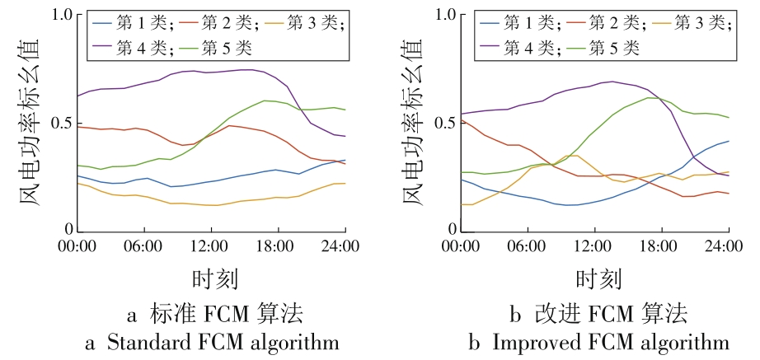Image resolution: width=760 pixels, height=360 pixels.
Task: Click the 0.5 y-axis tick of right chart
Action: (443, 123)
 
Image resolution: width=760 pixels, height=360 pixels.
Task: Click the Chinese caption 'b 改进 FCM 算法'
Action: (595, 314)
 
